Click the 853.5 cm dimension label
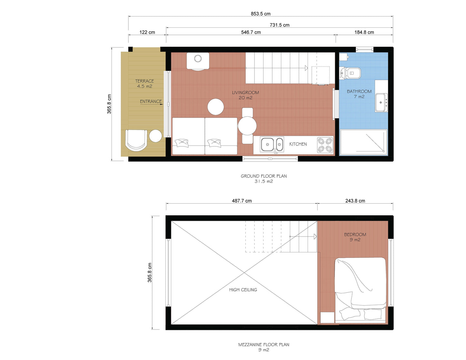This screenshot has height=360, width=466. point(261,14)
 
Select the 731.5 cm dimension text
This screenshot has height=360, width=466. point(279,25)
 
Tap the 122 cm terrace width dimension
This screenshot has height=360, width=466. point(147,32)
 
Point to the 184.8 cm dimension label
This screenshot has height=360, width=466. point(364,32)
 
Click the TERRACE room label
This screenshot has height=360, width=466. point(144,81)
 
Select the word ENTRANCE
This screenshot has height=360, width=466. point(151,102)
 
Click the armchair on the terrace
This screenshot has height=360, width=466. point(136,140)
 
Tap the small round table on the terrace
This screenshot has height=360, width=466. point(155,136)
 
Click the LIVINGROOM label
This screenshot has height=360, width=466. point(245,92)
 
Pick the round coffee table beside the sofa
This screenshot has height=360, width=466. point(215,107)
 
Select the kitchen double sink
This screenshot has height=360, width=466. point(272,144)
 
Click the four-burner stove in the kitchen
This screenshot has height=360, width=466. point(325,145)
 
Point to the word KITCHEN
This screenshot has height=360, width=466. point(298,144)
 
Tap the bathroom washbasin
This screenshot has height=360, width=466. point(381,102)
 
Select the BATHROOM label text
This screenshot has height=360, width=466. point(359,92)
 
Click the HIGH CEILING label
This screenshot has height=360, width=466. point(243,290)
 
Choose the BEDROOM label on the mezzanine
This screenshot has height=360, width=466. point(355,235)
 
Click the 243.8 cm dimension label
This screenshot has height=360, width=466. point(355,201)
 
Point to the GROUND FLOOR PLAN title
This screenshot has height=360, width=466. point(264,176)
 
